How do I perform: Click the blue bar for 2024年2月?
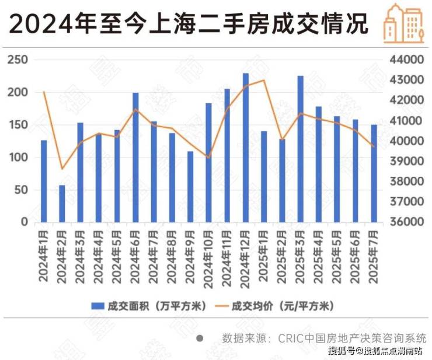point(62,204)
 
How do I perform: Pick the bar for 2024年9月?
point(190,187)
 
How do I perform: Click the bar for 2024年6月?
point(135,158)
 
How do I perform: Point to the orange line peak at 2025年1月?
point(264,80)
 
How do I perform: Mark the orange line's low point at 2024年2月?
point(62,169)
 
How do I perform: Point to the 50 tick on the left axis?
point(22,190)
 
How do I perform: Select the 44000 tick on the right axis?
point(404,60)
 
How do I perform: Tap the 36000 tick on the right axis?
point(404,222)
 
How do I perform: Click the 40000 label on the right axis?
point(404,141)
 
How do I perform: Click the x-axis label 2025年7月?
point(374,257)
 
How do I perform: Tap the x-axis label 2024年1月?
point(44,257)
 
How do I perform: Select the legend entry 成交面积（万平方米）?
point(149,305)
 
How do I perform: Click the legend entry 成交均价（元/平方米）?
point(277,305)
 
